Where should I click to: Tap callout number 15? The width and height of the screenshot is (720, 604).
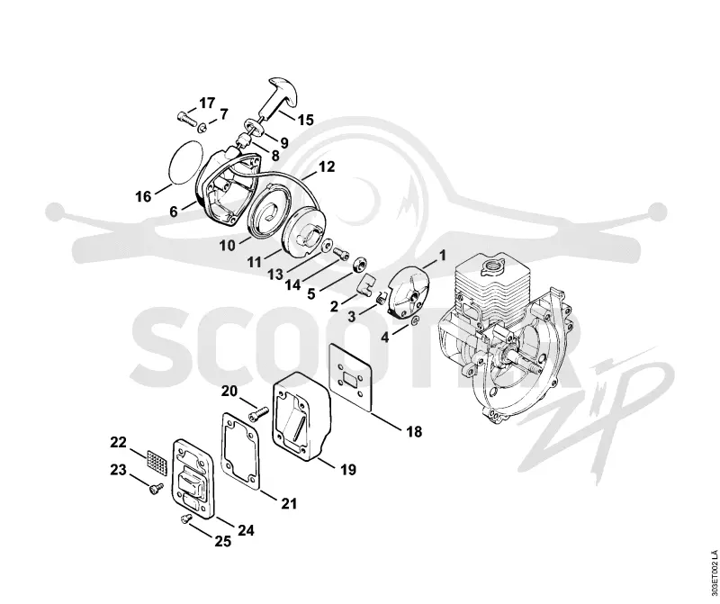305,121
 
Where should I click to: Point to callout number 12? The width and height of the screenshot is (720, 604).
327,167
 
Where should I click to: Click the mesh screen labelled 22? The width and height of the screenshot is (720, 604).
157,462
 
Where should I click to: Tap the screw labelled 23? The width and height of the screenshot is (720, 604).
156,489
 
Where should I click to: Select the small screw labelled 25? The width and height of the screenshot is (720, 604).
185,519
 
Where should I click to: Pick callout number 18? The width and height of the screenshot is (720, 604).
414,432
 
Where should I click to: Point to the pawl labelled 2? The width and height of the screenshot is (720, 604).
366,287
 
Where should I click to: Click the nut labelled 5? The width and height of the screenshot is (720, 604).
359,265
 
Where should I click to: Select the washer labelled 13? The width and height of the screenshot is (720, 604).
328,246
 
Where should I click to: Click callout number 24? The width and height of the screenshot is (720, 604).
246,530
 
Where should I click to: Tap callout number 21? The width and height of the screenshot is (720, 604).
288,504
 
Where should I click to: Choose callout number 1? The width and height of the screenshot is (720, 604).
443,256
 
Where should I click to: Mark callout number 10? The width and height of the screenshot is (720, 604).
227,246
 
